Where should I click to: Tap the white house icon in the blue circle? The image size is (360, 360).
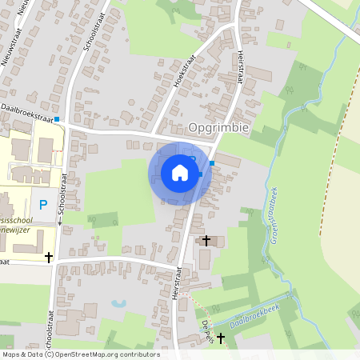coord(180,173)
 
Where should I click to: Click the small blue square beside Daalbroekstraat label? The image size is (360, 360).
coord(57,118)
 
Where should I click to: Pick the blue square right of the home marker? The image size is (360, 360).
coord(212,164)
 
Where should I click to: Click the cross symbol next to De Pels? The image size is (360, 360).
coord(221,338)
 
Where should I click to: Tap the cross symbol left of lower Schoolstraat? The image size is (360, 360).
coord(50,258)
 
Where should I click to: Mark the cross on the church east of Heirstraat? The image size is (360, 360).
coord(206,240)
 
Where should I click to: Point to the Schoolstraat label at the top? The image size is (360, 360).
coord(90,32)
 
